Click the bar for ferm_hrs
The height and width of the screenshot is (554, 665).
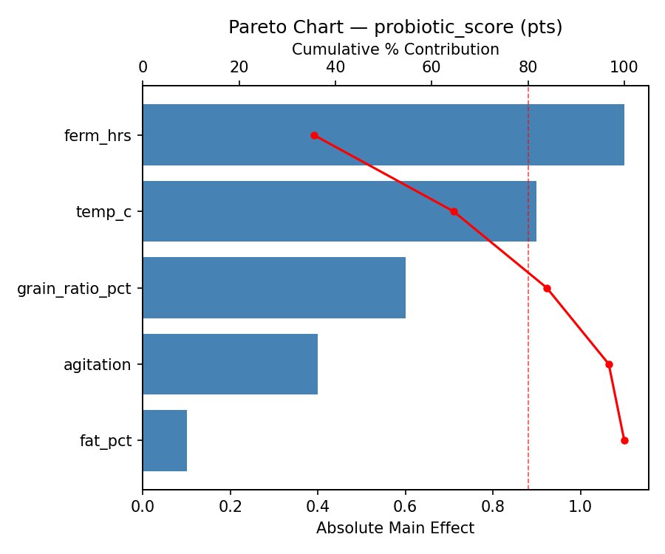(x=383, y=135)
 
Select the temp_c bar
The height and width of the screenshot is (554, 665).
(x=339, y=211)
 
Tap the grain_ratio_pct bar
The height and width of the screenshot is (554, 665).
(x=273, y=288)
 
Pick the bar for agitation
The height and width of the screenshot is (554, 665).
(x=230, y=364)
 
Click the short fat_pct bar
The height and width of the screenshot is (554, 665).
(x=165, y=440)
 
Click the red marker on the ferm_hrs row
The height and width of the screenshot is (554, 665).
(x=314, y=135)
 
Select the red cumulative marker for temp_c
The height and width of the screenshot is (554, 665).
(x=454, y=211)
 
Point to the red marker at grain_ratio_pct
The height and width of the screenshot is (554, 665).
(x=547, y=288)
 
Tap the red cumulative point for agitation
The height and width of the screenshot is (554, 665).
(x=609, y=364)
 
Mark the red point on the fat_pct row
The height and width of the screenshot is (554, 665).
(x=624, y=440)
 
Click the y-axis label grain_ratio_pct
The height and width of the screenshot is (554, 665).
(x=74, y=288)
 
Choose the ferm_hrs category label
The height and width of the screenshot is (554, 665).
(x=98, y=135)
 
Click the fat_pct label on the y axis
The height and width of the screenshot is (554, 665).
(x=106, y=441)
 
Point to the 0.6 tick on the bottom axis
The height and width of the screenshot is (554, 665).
(x=405, y=507)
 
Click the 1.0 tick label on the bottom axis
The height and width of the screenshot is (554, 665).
(x=580, y=507)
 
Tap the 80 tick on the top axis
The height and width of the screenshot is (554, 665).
(x=528, y=67)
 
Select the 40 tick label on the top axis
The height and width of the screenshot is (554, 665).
(x=335, y=67)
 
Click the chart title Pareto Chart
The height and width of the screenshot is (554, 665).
(x=395, y=27)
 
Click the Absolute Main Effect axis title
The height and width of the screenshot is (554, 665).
(x=395, y=528)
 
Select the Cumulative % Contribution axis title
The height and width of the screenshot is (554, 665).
(x=395, y=49)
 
